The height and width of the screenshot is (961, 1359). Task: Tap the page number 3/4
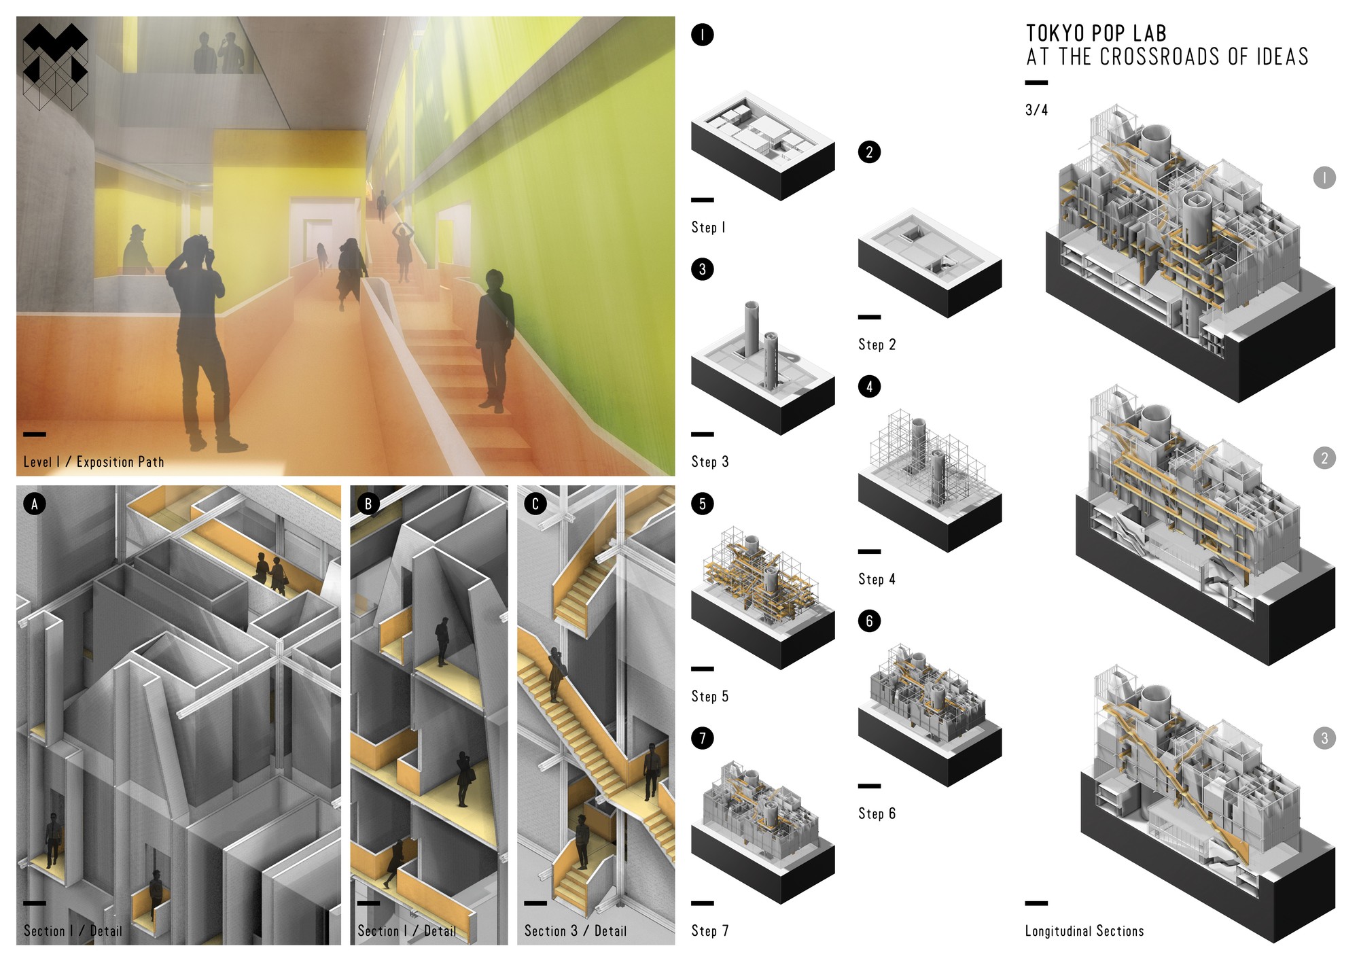[1036, 110]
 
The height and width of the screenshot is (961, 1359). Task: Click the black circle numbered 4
[869, 387]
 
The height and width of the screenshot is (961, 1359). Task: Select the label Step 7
[710, 930]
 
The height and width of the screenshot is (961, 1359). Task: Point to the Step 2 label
[877, 345]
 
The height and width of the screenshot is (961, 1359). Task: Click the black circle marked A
[35, 504]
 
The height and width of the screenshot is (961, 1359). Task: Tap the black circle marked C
[535, 504]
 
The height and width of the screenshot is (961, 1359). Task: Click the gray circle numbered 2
[1324, 458]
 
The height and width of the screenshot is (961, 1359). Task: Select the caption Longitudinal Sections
[1084, 931]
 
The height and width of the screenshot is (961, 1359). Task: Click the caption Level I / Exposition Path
[93, 462]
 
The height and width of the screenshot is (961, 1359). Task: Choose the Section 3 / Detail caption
[575, 931]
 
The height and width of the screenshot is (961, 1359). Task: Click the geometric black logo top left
[55, 66]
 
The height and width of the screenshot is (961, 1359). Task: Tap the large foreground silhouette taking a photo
[198, 340]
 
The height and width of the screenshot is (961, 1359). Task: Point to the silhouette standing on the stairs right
[494, 340]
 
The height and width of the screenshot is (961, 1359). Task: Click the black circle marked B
[368, 504]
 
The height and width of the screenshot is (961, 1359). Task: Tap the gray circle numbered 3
[1324, 738]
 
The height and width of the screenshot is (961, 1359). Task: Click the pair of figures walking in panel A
[270, 572]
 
